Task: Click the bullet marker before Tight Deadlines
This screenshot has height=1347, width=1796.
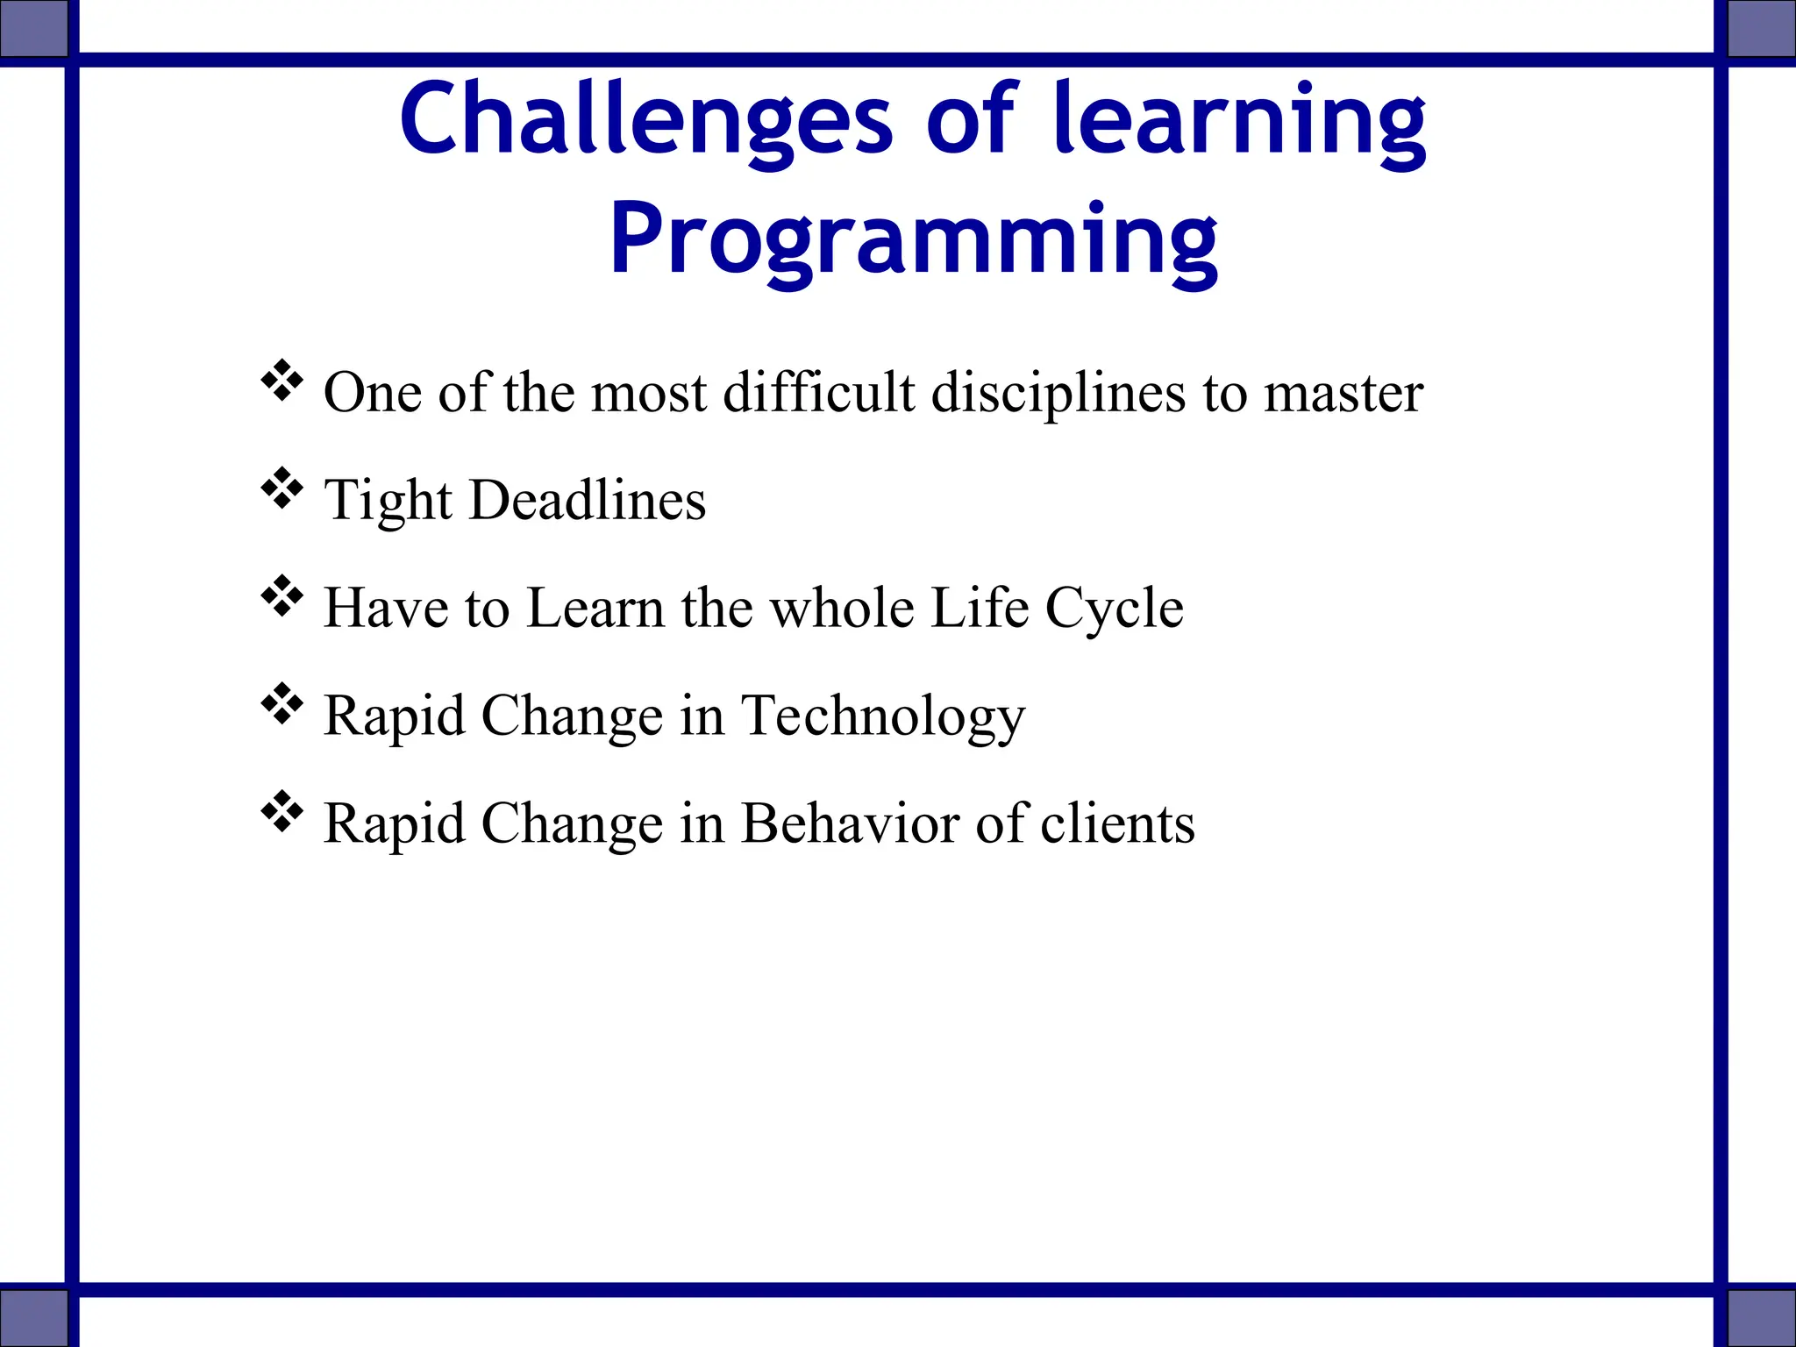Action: coord(282,489)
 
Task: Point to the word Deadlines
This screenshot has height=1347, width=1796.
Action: coord(588,500)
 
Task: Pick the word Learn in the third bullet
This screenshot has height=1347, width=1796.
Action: coord(595,608)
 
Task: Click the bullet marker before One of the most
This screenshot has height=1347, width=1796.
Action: coord(282,381)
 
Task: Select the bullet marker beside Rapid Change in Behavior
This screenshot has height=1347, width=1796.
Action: coord(282,812)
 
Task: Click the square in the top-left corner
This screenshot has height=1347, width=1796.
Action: coord(33,27)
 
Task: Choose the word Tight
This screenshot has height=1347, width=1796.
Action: coord(387,500)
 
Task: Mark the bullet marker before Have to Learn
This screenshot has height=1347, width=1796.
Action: coord(282,597)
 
